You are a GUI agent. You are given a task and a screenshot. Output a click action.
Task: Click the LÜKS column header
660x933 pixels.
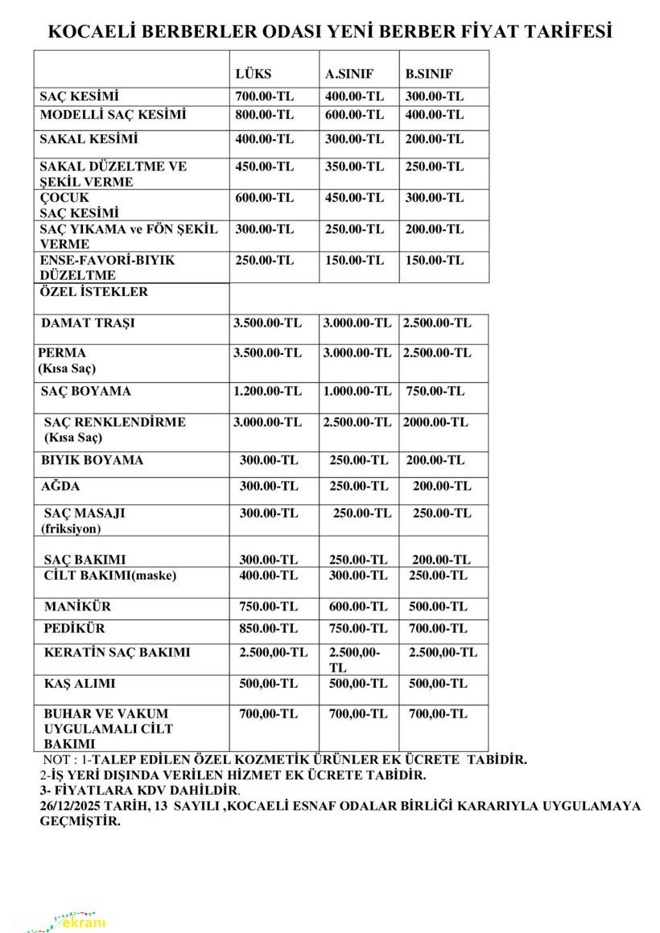253,74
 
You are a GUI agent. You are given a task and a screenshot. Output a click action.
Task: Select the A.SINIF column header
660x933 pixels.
349,74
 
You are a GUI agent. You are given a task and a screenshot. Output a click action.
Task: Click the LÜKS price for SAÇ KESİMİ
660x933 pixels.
264,97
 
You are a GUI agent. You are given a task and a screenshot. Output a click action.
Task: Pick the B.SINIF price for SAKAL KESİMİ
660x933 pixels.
435,139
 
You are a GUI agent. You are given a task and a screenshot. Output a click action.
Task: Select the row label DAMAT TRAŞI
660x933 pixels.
89,323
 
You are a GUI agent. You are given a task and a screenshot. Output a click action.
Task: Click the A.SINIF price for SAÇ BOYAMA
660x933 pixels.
357,392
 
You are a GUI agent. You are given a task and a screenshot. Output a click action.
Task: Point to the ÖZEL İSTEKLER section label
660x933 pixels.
94,292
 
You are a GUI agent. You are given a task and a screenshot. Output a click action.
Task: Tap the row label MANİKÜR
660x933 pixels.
77,606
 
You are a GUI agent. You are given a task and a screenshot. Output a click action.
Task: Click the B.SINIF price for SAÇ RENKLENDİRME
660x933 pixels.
435,422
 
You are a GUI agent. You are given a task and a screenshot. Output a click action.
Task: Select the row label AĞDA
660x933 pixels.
60,487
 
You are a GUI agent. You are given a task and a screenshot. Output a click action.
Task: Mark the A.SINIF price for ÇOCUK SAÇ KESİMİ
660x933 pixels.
354,198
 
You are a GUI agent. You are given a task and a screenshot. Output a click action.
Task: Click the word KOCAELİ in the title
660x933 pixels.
88,31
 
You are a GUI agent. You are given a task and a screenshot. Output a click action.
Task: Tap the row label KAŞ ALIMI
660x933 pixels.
80,684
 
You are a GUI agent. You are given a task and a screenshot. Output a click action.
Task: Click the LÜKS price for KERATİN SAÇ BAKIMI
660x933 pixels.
273,652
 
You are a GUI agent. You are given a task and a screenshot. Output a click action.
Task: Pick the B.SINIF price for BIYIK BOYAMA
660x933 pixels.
435,461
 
